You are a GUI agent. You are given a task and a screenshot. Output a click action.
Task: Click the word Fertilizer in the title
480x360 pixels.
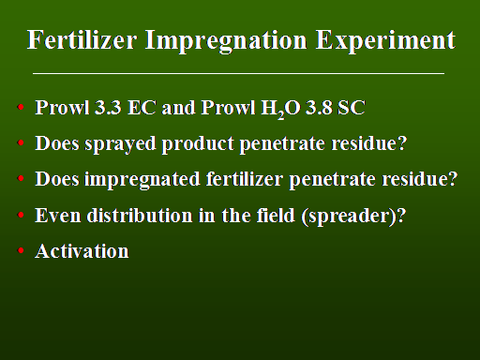[x=82, y=39]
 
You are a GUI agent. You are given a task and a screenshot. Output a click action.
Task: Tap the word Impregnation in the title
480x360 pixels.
[x=226, y=41]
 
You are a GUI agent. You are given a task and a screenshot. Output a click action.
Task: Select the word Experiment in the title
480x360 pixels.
[x=385, y=41]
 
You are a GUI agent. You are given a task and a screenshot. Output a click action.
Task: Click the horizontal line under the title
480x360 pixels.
[x=238, y=74]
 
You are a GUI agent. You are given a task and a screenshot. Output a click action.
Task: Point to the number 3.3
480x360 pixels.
[x=108, y=108]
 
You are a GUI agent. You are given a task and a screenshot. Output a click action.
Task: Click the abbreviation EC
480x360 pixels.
[x=142, y=108]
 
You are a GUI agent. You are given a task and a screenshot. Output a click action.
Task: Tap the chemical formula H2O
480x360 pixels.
[x=280, y=110]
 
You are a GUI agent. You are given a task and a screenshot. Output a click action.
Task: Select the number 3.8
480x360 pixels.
[x=319, y=108]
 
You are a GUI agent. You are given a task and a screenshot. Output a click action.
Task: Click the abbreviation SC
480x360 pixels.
[x=352, y=108]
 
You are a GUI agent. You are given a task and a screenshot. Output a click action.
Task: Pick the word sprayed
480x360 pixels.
[x=120, y=144]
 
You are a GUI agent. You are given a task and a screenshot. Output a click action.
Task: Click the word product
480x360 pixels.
[x=198, y=144]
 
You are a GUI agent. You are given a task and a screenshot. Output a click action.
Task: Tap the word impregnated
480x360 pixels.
[x=142, y=180]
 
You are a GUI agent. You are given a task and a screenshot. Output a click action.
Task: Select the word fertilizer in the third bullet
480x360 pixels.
[x=245, y=179]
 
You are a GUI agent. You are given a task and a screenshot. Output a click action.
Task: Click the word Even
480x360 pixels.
[x=58, y=216]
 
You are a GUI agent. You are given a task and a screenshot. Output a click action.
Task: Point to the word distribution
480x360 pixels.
[x=140, y=215]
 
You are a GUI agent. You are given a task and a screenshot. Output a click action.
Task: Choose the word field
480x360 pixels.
[x=276, y=215]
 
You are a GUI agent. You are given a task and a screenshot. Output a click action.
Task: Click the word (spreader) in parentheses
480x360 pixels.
[x=350, y=217]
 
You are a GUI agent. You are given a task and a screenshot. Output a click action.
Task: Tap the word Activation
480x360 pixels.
[x=82, y=251]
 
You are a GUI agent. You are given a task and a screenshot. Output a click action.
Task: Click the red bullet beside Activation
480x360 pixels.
[x=21, y=250]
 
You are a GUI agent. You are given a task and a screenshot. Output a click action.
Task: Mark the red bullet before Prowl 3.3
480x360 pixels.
[x=21, y=108]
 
